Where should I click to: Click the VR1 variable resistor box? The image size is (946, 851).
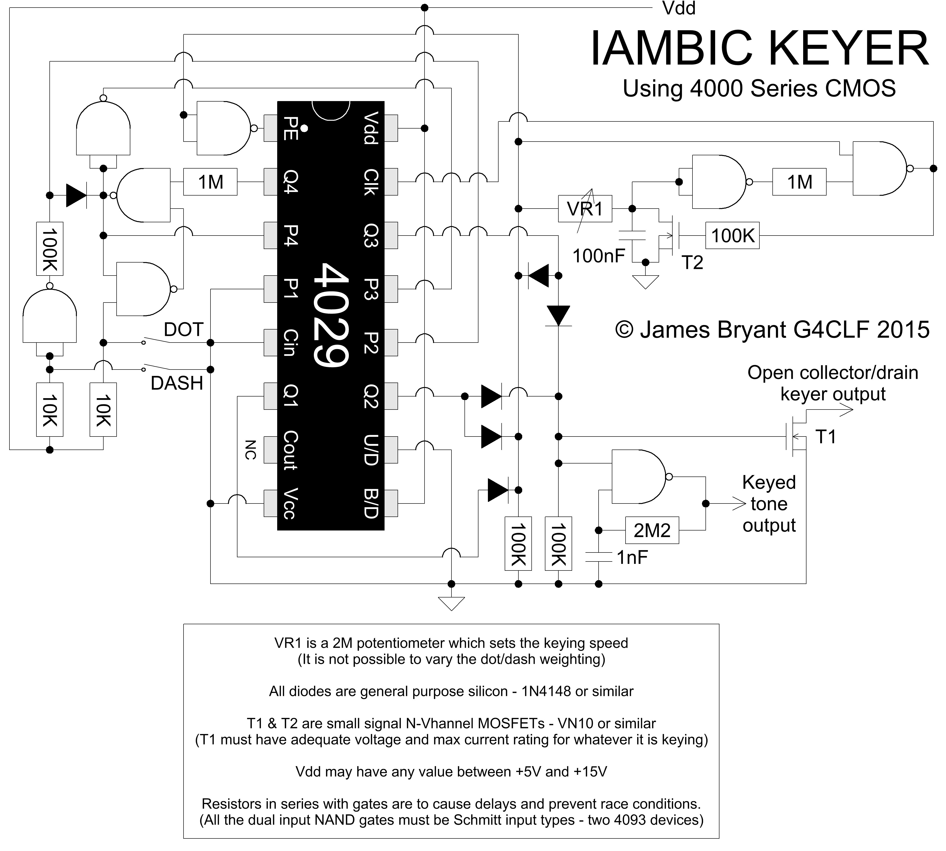[x=585, y=209]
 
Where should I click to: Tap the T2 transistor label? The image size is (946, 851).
[x=692, y=263]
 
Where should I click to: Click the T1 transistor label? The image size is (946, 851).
[x=825, y=437]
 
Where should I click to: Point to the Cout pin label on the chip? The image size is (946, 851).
[x=291, y=450]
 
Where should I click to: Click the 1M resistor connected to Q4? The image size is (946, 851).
[x=210, y=182]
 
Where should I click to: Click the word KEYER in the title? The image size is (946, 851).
[x=848, y=49]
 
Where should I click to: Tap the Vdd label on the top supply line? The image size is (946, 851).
[x=679, y=9]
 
